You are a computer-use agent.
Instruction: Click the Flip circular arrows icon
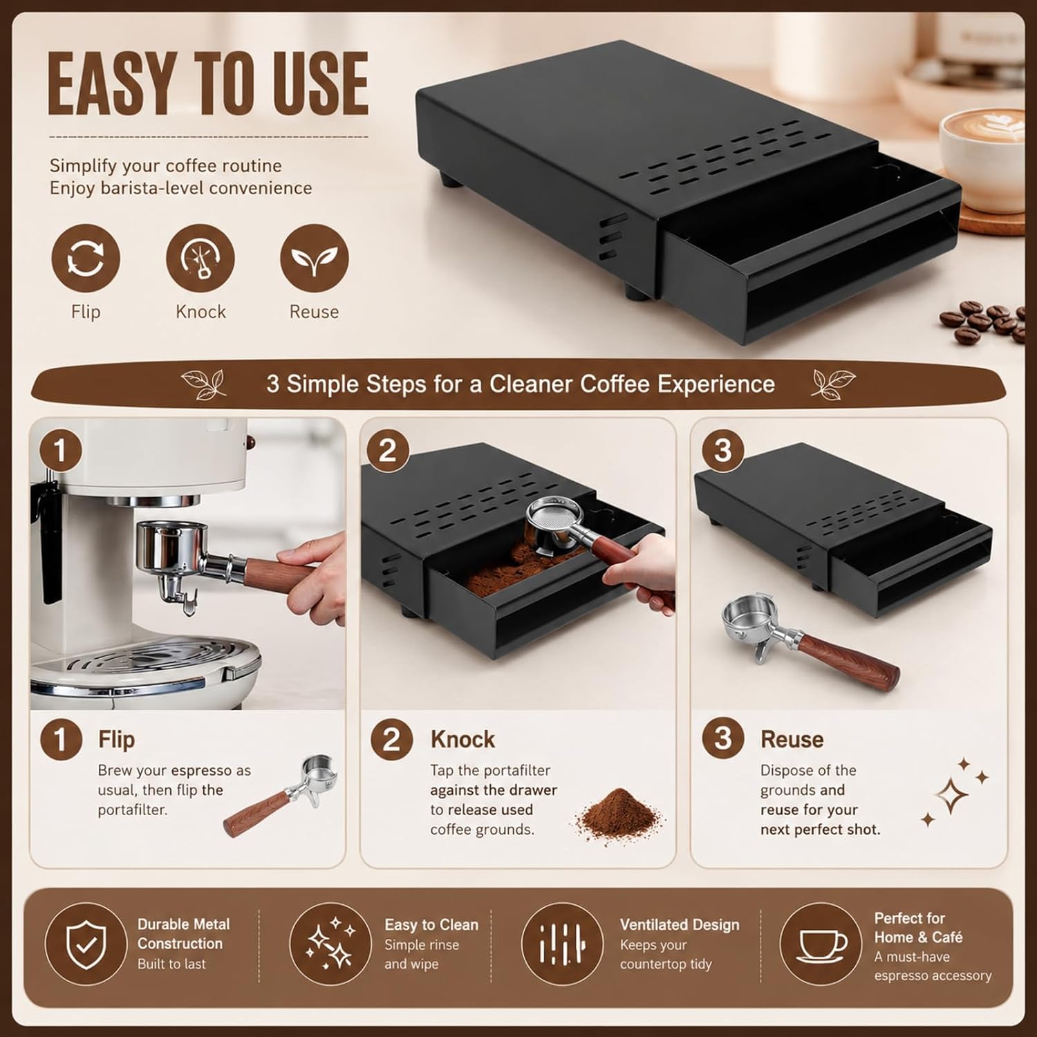(85, 258)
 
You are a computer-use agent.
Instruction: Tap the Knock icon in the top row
(200, 258)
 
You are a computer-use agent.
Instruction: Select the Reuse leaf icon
(314, 258)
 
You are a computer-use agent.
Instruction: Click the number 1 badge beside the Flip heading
(62, 740)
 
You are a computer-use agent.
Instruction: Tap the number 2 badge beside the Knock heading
(392, 740)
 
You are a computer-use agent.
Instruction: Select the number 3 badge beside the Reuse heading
(722, 738)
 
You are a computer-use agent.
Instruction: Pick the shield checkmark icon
(86, 944)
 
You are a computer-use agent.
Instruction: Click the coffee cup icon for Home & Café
(822, 944)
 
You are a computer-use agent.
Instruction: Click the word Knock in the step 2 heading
(463, 740)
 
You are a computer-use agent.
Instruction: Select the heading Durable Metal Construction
(183, 934)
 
